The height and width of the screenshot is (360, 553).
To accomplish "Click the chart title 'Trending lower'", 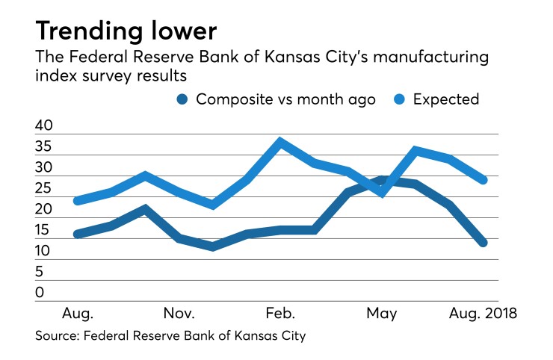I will (x=126, y=31).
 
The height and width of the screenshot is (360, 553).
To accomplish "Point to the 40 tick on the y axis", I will (x=44, y=126).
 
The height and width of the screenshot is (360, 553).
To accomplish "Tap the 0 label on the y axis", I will (x=40, y=294).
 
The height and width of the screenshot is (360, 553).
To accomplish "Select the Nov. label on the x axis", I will (x=179, y=312).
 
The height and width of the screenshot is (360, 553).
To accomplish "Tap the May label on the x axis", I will (x=381, y=312).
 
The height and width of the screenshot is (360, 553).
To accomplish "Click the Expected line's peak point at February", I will (x=280, y=141).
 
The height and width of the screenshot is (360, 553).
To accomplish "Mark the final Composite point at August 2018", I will (x=483, y=242).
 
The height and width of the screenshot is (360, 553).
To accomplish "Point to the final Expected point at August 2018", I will (x=483, y=179).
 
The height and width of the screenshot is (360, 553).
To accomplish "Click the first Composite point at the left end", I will (x=78, y=234).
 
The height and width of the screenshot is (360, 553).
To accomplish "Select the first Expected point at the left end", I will (x=78, y=200).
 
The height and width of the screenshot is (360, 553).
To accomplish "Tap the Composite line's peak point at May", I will (x=382, y=179).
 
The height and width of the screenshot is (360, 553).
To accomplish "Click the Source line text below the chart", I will (x=170, y=336).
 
